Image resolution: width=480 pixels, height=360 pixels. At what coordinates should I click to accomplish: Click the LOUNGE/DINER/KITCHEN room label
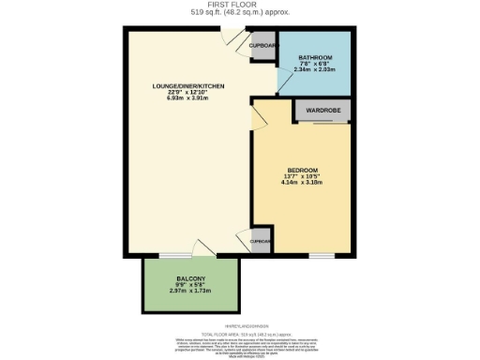tap(189, 86)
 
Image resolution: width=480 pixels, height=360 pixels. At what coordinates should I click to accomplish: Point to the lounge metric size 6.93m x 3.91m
tap(189, 98)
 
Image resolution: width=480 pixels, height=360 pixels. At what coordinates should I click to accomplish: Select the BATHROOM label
tap(314, 57)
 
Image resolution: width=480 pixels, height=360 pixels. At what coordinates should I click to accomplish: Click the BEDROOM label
tap(303, 170)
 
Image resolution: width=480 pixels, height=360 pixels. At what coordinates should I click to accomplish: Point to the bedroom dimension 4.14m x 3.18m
tap(303, 182)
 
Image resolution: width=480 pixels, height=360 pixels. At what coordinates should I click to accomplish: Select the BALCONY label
tap(191, 280)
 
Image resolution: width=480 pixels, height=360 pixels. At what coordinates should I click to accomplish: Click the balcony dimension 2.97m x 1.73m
tap(191, 292)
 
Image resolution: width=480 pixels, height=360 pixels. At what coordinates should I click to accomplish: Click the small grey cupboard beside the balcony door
tap(260, 240)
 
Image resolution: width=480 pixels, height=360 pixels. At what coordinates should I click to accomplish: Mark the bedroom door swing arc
tap(262, 117)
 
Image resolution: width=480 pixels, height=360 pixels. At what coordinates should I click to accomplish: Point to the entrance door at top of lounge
tap(231, 37)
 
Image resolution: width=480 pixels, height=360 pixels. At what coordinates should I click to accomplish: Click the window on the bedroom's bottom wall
tap(322, 255)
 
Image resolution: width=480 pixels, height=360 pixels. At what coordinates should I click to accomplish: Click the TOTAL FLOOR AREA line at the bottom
tap(239, 333)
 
